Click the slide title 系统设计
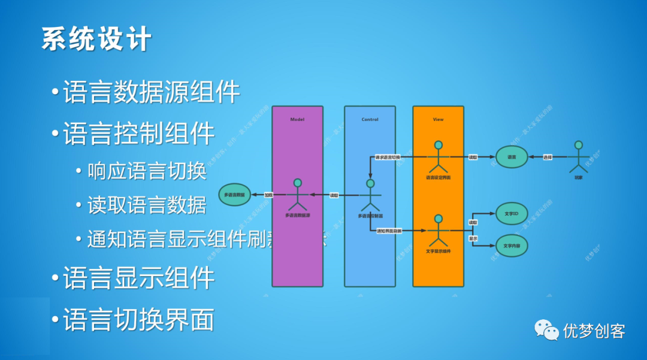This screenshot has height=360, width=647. tap(96, 39)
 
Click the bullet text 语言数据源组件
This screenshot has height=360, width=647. tap(151, 92)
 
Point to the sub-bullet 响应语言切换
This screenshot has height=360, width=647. tap(147, 171)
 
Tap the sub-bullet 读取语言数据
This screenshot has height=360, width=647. tap(147, 205)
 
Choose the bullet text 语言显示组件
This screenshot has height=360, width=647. tap(138, 278)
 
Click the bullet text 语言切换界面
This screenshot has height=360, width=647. tap(138, 319)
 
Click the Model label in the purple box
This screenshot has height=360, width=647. tap(297, 119)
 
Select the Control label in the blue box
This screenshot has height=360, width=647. tap(370, 119)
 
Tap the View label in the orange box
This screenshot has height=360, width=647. tap(438, 119)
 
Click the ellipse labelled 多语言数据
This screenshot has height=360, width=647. tap(234, 195)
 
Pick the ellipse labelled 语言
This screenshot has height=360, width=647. tap(511, 157)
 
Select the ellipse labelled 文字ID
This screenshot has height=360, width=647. tap(511, 213)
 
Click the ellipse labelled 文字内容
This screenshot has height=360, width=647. tap(511, 246)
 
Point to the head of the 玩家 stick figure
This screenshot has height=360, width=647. tap(578, 145)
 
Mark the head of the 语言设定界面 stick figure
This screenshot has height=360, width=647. tap(438, 145)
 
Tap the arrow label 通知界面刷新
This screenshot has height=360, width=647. tap(389, 231)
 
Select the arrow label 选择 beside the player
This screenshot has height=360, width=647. tap(547, 157)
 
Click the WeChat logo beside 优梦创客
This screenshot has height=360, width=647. tap(546, 329)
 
